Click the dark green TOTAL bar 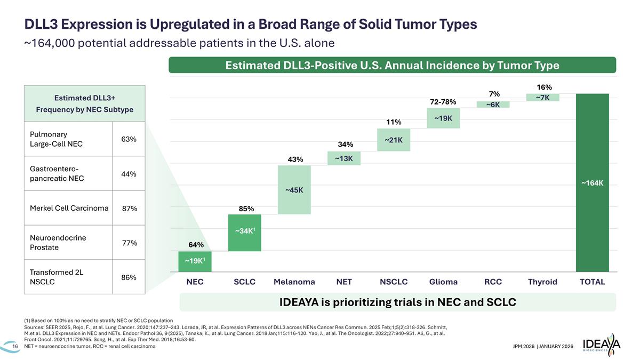(592, 182)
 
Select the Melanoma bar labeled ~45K (294, 190)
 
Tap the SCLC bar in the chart (244, 232)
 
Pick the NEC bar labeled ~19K (195, 261)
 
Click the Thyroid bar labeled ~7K (542, 97)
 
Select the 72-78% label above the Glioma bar (443, 101)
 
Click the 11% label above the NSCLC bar (394, 122)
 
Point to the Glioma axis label (443, 282)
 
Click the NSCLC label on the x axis (394, 282)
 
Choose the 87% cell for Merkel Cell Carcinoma (130, 209)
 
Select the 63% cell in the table (129, 139)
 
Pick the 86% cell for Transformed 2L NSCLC (129, 277)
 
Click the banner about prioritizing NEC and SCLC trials (397, 302)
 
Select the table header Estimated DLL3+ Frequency (85, 104)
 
